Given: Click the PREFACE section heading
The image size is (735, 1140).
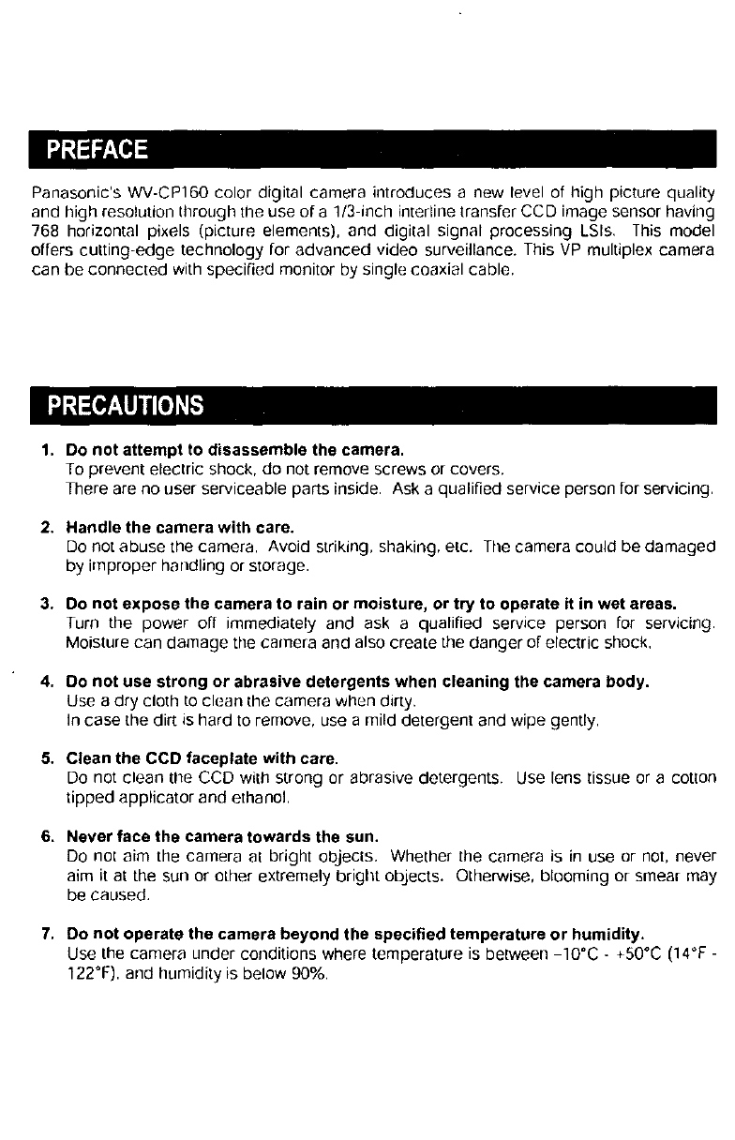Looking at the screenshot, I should click(x=97, y=150).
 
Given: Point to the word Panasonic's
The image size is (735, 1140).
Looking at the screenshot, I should click(x=68, y=194).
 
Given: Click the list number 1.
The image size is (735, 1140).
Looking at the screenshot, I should click(x=46, y=452).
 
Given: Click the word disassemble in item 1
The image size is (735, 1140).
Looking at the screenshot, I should click(x=232, y=452).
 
